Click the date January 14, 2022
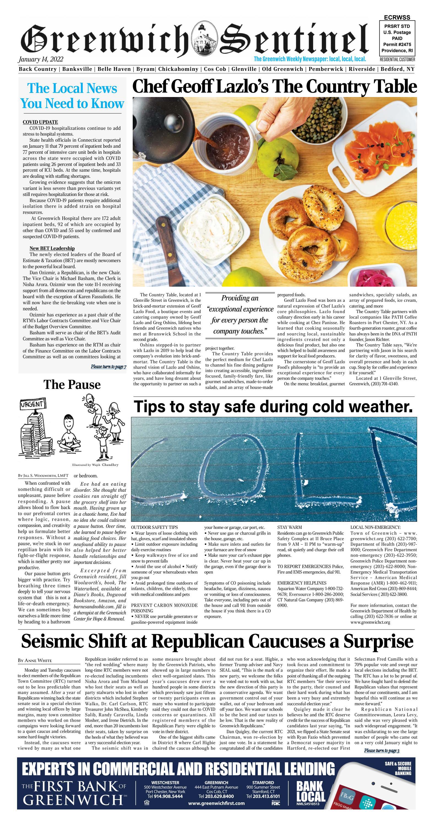[41, 59]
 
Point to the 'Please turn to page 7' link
[108, 367]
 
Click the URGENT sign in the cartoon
[32, 404]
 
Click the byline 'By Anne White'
[35, 661]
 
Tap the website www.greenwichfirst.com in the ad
[216, 803]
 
